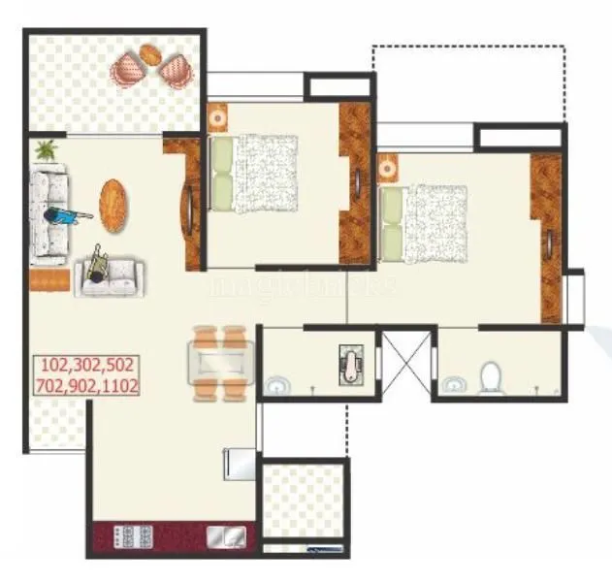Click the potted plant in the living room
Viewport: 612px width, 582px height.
click(46, 149)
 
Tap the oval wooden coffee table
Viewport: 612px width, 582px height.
click(113, 201)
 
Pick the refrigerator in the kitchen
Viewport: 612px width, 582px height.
click(239, 463)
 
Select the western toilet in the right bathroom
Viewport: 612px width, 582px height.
click(492, 376)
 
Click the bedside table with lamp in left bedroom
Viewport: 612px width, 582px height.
click(217, 114)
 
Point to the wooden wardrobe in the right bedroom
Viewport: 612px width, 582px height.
click(547, 238)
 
